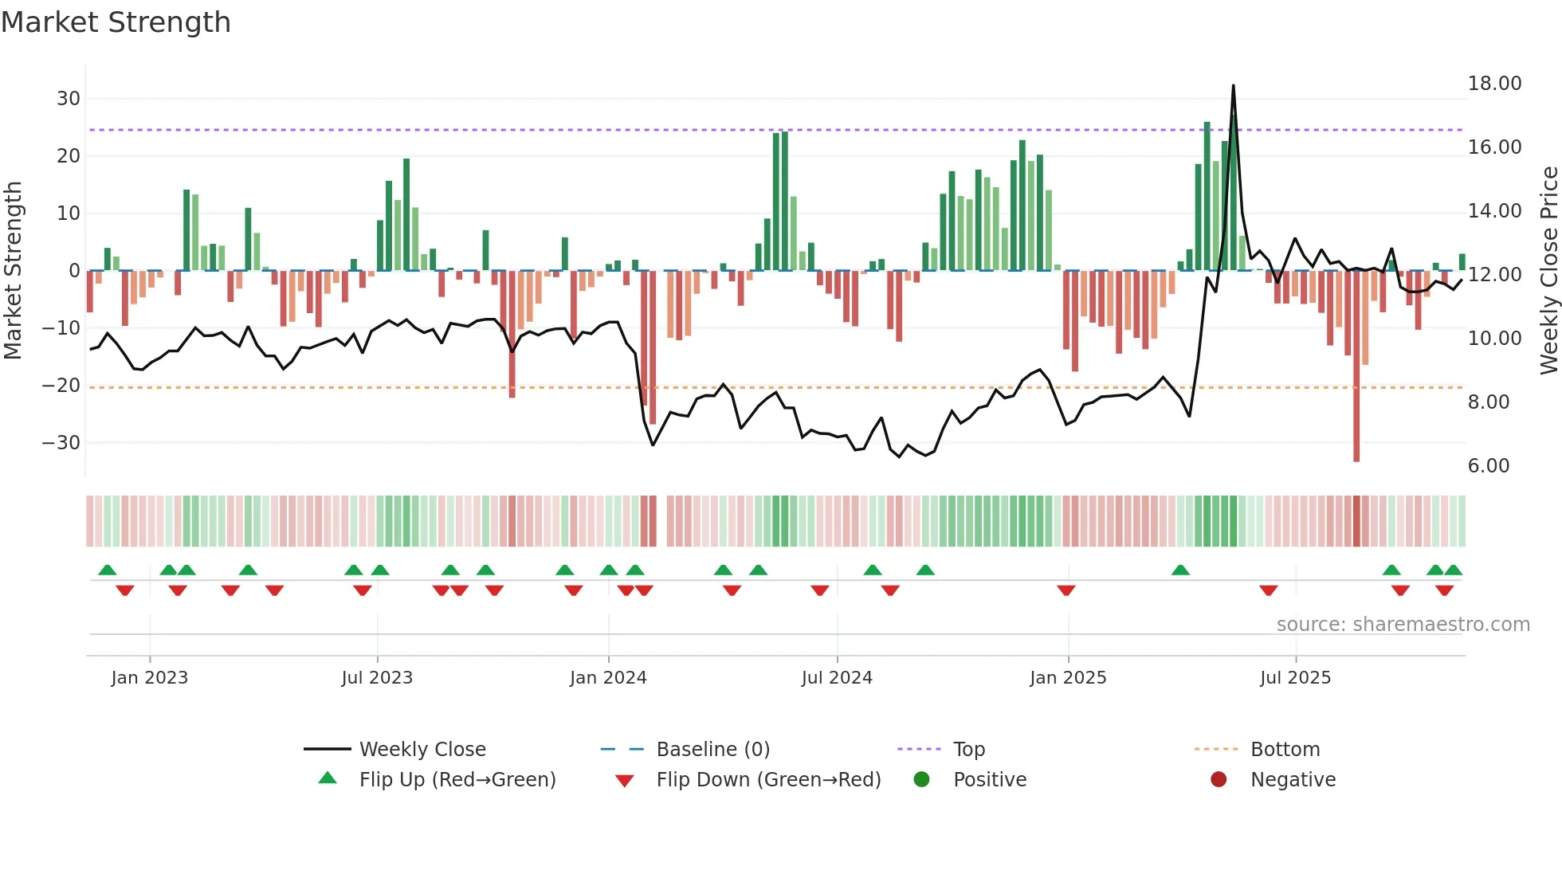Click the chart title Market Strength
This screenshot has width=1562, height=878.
[x=116, y=22]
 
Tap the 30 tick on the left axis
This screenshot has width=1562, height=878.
[x=69, y=99]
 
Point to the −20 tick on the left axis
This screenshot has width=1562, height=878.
[x=61, y=386]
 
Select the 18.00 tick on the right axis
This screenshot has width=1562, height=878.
[x=1494, y=84]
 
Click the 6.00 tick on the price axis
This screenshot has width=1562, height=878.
[x=1488, y=466]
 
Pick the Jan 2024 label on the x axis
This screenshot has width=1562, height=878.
[x=608, y=678]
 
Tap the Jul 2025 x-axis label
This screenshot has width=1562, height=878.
[x=1295, y=678]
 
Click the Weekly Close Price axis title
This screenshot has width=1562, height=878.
[x=1548, y=271]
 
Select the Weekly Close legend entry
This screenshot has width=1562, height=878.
[x=422, y=750]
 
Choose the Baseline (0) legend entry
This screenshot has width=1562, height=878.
[x=712, y=750]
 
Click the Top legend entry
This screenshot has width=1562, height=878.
[x=968, y=750]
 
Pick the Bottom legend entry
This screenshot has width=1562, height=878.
[x=1285, y=750]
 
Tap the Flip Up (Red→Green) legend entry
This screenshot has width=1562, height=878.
[x=457, y=780]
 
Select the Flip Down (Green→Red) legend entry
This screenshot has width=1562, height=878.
[x=767, y=780]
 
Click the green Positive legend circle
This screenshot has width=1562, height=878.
[x=921, y=780]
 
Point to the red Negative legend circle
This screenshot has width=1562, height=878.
[x=1219, y=780]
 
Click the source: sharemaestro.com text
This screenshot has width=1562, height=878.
[x=1403, y=625]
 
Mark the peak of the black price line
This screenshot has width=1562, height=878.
[x=1233, y=85]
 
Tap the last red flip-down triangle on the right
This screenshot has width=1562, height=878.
[x=1444, y=590]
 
